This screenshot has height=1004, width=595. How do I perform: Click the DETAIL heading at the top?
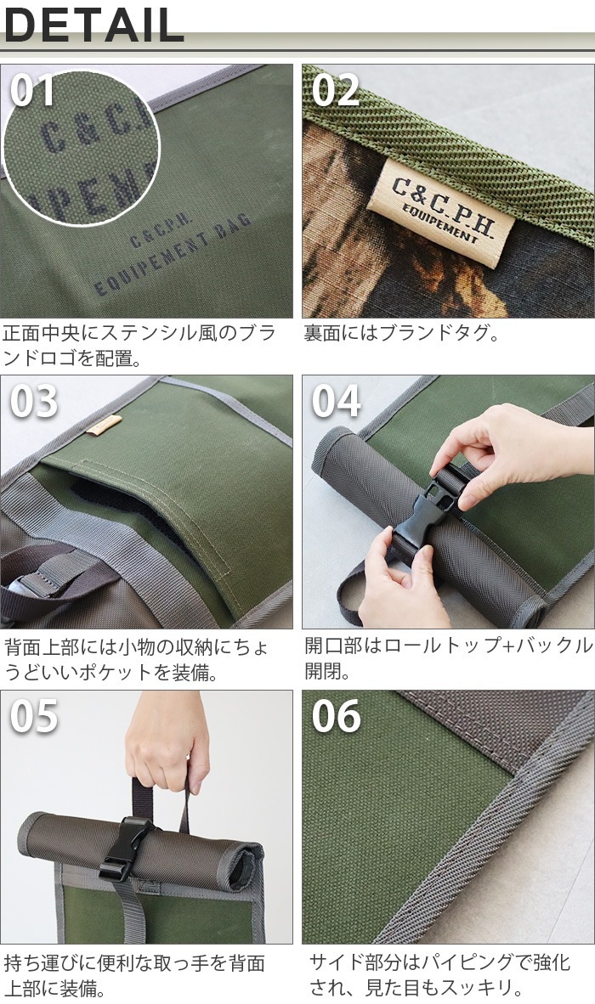click(93, 25)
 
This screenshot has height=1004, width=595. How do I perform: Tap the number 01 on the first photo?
click(33, 90)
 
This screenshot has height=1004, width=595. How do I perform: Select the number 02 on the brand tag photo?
click(336, 90)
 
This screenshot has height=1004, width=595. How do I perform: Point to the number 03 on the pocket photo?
click(34, 402)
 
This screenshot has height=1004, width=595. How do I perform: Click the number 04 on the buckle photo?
click(336, 402)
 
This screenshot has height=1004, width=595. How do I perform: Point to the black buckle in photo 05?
click(127, 848)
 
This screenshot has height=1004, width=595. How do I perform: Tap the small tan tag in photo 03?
click(103, 426)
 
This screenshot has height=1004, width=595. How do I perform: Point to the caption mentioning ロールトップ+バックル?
click(447, 658)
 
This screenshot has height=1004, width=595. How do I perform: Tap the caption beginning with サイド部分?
click(439, 975)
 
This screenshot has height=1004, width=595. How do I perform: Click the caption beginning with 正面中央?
click(139, 345)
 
